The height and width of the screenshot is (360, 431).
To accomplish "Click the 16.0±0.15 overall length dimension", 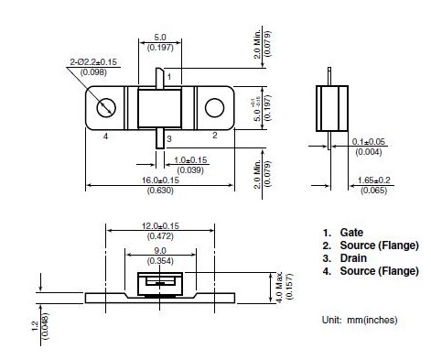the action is (x=160, y=180).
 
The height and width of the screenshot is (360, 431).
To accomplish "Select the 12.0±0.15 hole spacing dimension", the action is (x=160, y=226).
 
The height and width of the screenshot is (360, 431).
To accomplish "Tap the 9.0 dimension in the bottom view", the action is (x=160, y=251).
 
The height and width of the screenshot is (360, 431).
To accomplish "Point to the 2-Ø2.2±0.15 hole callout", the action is (x=93, y=62).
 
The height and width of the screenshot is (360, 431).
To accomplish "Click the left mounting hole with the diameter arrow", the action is (x=106, y=108).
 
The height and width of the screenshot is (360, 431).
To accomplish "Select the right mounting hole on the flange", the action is (x=214, y=108).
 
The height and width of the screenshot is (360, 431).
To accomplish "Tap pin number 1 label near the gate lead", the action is (x=169, y=77).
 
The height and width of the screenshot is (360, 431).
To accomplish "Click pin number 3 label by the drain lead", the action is (x=169, y=139).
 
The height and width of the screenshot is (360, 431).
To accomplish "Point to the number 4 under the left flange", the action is (x=105, y=136).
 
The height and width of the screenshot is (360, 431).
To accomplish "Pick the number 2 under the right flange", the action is (x=215, y=136).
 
